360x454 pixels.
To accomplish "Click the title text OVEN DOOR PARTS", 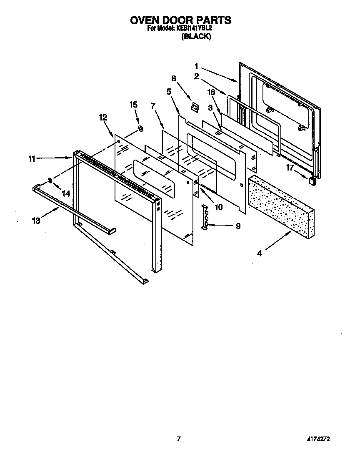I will (x=180, y=20).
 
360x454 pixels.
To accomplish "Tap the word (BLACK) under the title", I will (x=196, y=37).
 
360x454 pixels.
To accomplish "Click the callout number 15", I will (x=133, y=105).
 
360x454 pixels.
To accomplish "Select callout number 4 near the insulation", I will (x=259, y=253).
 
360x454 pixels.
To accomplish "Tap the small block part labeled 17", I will (x=311, y=180).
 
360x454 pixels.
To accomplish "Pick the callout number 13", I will (x=36, y=221).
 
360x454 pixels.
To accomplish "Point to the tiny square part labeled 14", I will (x=50, y=180).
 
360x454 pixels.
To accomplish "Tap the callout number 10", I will (x=218, y=206).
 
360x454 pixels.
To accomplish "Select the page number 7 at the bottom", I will (x=179, y=439).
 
